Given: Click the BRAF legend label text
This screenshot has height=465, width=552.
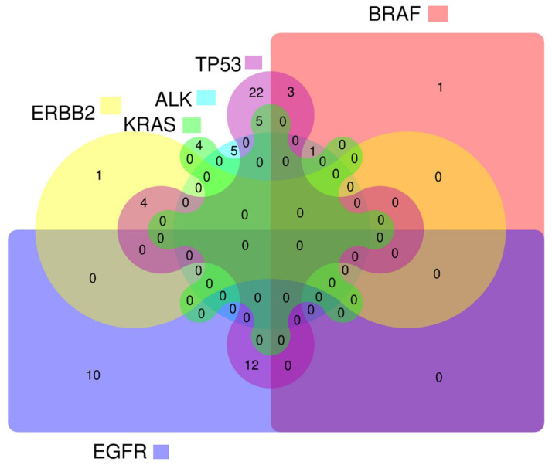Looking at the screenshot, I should pyautogui.click(x=393, y=13).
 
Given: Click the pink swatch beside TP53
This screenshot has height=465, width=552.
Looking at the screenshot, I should pyautogui.click(x=253, y=62).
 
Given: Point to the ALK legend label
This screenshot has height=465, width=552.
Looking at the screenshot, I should pyautogui.click(x=174, y=98).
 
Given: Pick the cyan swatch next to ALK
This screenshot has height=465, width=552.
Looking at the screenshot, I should pyautogui.click(x=205, y=98).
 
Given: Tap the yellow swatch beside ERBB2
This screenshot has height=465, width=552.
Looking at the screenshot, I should pyautogui.click(x=111, y=104).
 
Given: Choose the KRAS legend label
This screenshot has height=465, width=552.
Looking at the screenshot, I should pyautogui.click(x=150, y=124).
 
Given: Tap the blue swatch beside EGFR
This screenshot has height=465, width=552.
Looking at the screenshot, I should pyautogui.click(x=161, y=451).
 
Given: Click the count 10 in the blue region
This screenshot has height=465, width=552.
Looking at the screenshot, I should pyautogui.click(x=93, y=375).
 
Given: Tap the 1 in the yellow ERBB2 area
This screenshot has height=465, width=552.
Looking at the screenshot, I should pyautogui.click(x=98, y=175).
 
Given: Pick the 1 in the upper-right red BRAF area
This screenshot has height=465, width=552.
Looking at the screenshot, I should pyautogui.click(x=440, y=87).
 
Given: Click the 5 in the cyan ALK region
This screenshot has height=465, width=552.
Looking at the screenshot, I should pyautogui.click(x=233, y=150).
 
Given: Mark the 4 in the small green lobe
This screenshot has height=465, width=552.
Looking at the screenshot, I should pyautogui.click(x=199, y=144).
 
